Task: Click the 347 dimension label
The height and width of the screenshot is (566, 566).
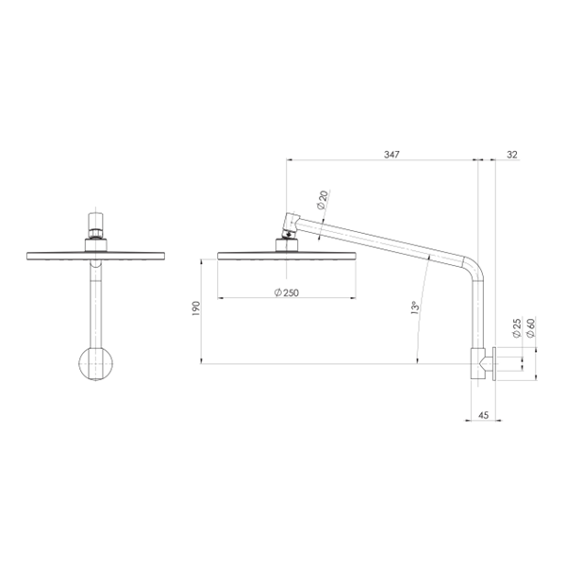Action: point(391,155)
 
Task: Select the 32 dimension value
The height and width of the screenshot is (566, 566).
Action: point(512,155)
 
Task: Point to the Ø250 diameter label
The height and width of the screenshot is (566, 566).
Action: point(287,292)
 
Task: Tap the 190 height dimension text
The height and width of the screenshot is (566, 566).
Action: point(195,308)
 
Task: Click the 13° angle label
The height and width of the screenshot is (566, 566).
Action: point(415,308)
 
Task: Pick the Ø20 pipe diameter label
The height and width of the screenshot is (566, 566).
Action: point(323,200)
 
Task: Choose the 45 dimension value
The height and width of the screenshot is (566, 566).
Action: point(483,415)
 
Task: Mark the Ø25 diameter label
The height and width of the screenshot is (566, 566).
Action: point(517,327)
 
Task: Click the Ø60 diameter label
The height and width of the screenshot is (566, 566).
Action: point(530,327)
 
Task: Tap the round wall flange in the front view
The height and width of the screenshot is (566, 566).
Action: point(95,364)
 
